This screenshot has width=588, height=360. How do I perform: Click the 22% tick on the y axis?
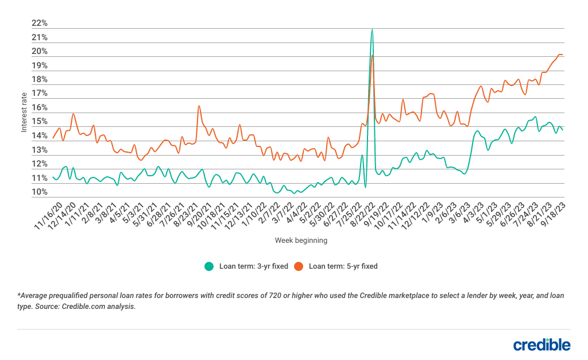[x=40, y=24]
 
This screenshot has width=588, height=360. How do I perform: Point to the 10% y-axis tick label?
[x=40, y=192]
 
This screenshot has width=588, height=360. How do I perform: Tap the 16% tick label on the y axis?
[x=40, y=108]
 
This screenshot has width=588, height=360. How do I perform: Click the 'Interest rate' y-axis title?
[x=24, y=112]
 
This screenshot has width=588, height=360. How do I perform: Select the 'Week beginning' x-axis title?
[x=301, y=241]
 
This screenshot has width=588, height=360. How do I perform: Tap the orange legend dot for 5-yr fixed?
[x=299, y=266]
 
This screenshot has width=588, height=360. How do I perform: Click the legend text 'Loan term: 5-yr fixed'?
[x=343, y=266]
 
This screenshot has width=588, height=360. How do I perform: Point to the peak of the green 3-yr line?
[x=372, y=29]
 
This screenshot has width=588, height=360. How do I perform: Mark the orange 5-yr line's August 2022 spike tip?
[x=373, y=55]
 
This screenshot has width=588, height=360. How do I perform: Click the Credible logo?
[x=541, y=344]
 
